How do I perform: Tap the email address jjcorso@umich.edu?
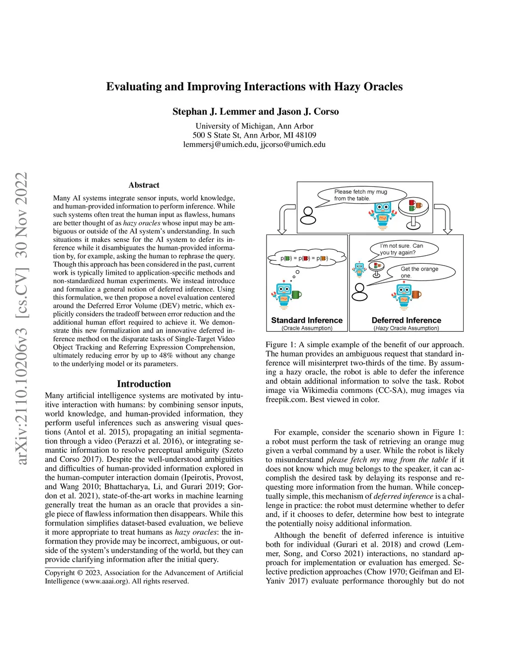293,145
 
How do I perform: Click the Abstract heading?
144,185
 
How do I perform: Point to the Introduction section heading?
144,384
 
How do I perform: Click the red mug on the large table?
412,203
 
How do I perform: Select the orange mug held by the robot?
416,294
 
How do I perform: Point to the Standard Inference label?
307,320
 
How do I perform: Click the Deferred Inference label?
406,320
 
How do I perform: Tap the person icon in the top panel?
309,216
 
